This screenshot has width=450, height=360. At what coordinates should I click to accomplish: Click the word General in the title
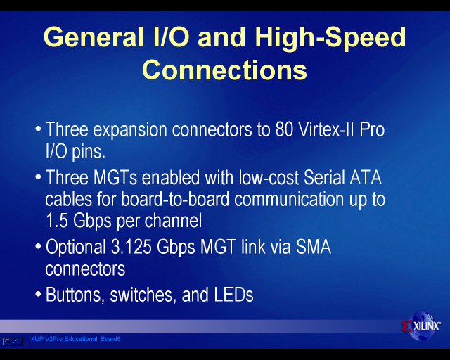click(x=94, y=37)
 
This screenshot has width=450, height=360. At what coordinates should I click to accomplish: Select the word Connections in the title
click(x=224, y=70)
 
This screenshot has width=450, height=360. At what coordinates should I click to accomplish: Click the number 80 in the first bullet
click(x=284, y=129)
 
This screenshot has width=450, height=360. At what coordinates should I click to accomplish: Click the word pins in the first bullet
click(x=89, y=152)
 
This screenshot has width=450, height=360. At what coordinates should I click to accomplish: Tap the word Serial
click(x=324, y=177)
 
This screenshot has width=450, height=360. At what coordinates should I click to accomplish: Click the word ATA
click(x=366, y=177)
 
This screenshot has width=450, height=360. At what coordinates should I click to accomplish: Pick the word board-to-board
click(x=175, y=199)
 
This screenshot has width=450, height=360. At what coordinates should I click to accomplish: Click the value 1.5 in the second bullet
click(x=56, y=221)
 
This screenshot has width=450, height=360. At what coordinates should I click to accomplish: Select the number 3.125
click(x=131, y=247)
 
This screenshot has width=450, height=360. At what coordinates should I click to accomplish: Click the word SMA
click(x=314, y=247)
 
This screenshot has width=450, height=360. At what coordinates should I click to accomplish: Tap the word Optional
click(x=76, y=247)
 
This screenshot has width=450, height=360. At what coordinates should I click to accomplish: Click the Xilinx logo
click(x=421, y=326)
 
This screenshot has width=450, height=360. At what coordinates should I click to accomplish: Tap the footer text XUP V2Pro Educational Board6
click(x=75, y=339)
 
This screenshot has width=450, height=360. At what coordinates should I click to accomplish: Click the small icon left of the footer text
click(x=13, y=341)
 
